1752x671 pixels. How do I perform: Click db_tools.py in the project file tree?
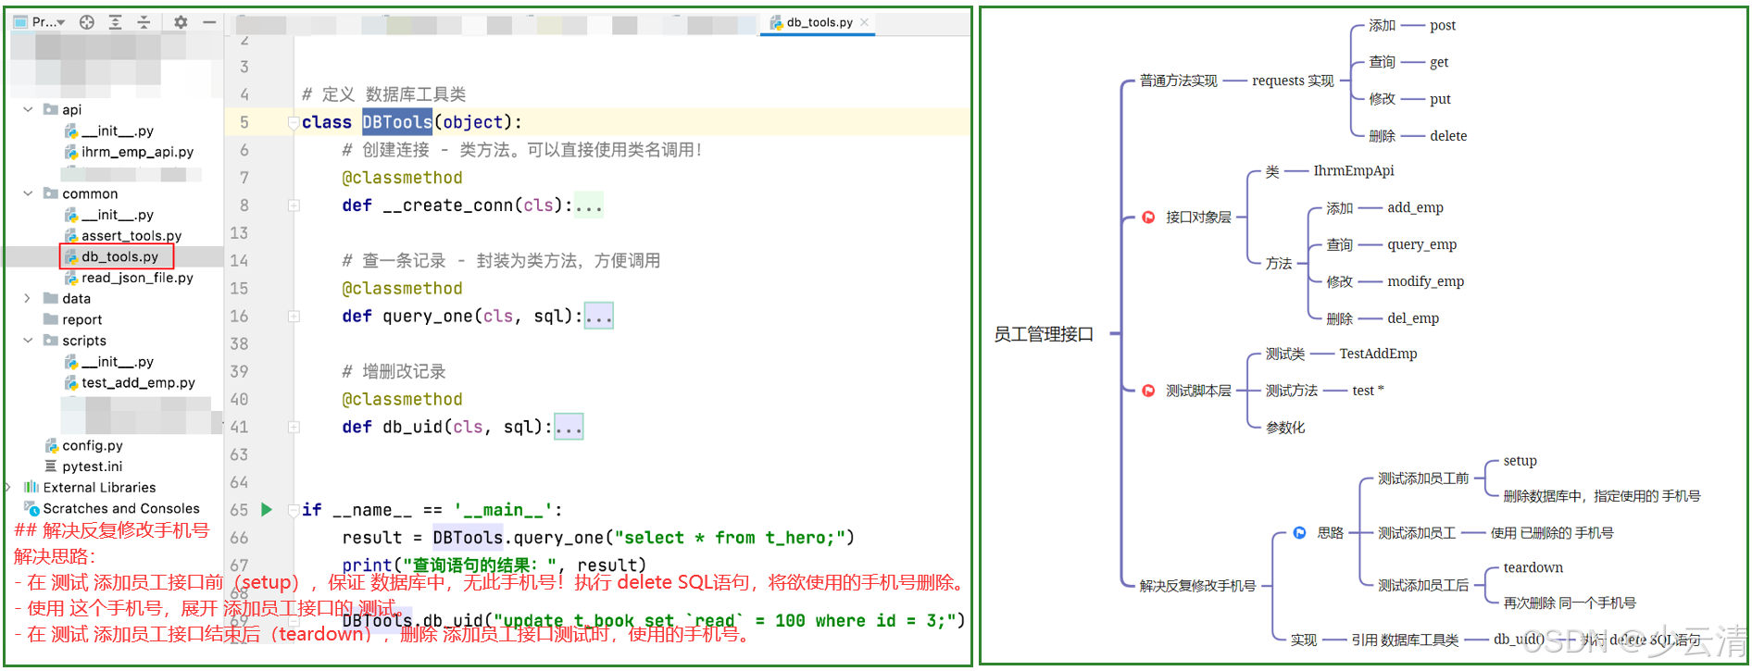tap(119, 256)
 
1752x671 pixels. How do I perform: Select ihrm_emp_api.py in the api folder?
tap(137, 152)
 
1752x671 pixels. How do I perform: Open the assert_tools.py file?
tap(131, 236)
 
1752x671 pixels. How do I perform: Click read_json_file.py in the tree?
tap(137, 278)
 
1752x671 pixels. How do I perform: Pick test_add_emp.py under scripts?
tap(138, 382)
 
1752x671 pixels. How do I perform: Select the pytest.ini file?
tap(92, 466)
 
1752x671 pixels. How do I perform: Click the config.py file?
tap(92, 445)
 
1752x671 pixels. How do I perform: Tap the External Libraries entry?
tap(99, 488)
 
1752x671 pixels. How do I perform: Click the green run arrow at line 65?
tap(267, 509)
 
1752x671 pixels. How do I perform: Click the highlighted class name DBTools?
tap(396, 122)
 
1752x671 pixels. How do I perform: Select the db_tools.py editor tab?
tap(819, 22)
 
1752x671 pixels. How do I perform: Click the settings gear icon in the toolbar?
tap(181, 22)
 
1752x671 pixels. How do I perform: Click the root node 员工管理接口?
tap(1044, 334)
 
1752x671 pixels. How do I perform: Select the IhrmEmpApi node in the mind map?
tap(1353, 170)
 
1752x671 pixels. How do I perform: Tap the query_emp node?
tap(1421, 244)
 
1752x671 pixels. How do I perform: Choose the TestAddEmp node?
tap(1378, 354)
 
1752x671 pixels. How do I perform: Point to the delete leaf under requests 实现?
tap(1447, 136)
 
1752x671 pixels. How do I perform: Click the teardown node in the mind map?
tap(1533, 567)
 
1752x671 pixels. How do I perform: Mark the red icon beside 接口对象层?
tap(1148, 217)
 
